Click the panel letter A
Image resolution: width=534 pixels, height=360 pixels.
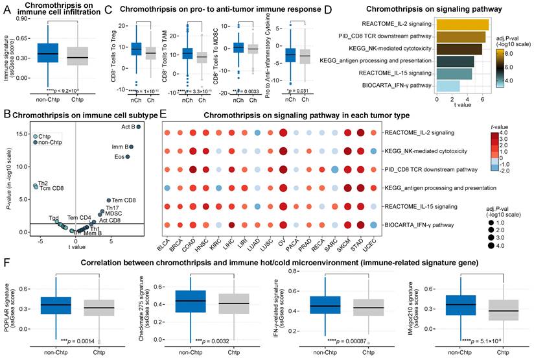[x=6, y=8]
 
